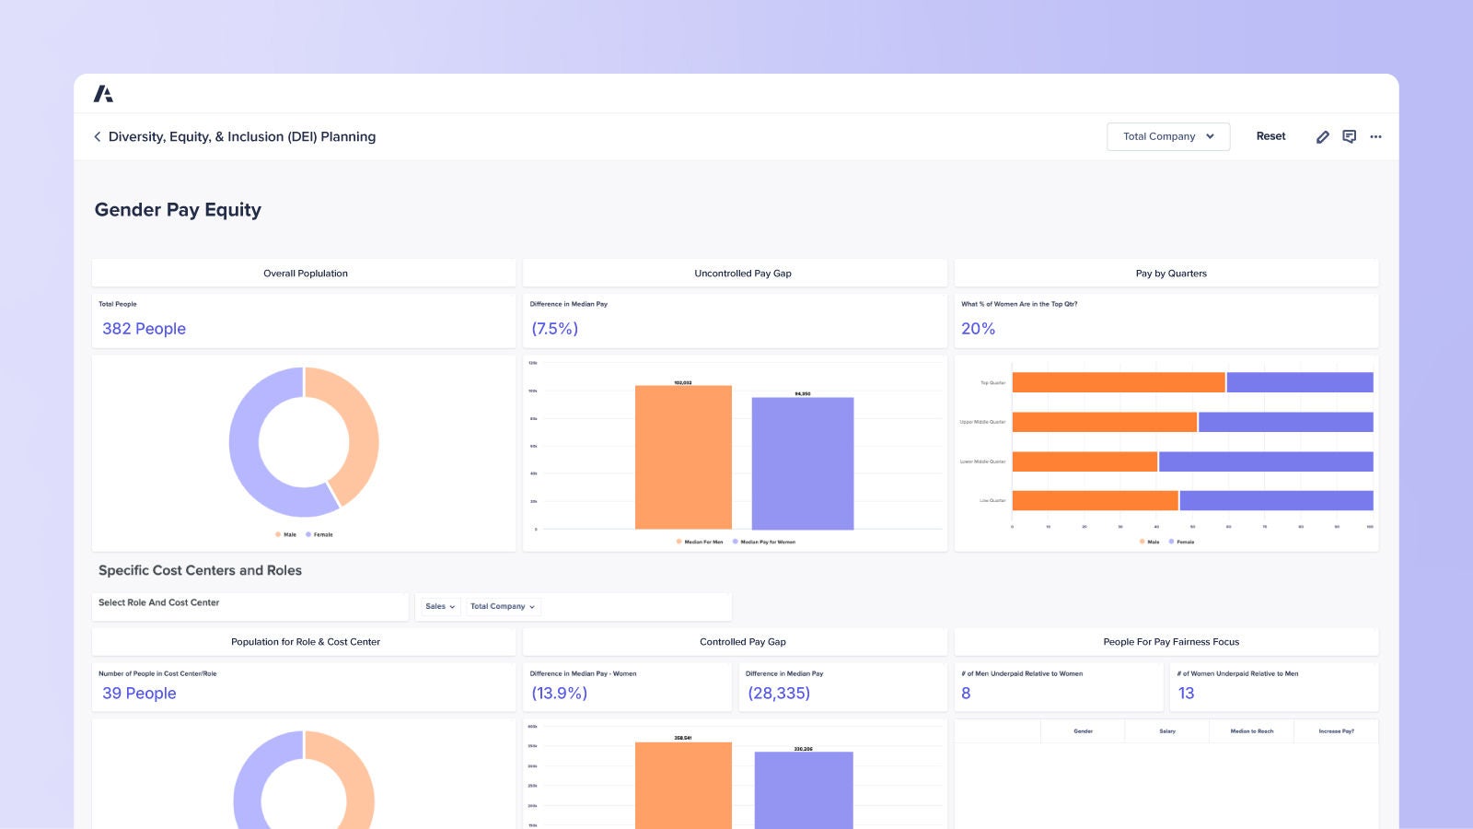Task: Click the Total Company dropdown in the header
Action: coord(1167,136)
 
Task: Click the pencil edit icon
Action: coord(1322,136)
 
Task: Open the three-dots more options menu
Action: coord(1375,136)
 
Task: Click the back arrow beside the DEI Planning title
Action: coord(98,136)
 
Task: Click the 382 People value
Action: coord(144,329)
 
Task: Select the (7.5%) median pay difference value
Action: coord(554,329)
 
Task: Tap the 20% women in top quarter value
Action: coord(978,329)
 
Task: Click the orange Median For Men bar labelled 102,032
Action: coord(683,458)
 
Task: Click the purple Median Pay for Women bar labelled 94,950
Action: coord(802,463)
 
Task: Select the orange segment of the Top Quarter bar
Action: coord(1118,382)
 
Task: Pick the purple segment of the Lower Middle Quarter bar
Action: coord(1265,461)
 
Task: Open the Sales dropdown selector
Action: coord(440,606)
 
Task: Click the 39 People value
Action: coord(139,694)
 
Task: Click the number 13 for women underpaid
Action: coord(1186,694)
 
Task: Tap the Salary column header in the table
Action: coord(1166,731)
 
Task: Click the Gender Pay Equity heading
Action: coord(178,210)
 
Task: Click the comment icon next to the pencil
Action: coord(1349,136)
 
